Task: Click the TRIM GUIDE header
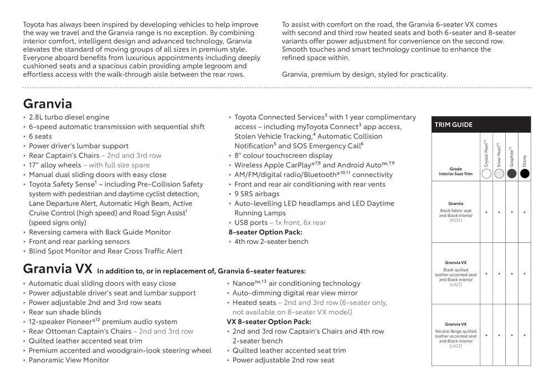coord(454,125)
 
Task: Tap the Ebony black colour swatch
coord(524,173)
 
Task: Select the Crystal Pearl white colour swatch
coord(486,173)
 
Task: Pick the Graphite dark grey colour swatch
coord(511,173)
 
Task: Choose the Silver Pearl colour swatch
coord(499,173)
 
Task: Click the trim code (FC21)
coord(455,220)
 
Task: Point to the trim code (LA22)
coord(455,346)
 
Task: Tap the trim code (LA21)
coord(455,284)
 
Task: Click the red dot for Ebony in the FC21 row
coord(524,212)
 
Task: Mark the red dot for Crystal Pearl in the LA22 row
coord(486,335)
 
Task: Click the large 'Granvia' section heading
coord(48,104)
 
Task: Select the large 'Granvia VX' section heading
coord(58,269)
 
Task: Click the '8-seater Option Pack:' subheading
coord(265,232)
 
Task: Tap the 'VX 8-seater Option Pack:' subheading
coord(269,321)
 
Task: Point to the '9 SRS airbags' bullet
coord(257,194)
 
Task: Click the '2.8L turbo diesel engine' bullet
coord(69,117)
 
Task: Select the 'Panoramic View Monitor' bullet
coord(69,360)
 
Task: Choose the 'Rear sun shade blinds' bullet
coord(65,312)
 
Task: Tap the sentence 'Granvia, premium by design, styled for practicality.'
coord(365,74)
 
